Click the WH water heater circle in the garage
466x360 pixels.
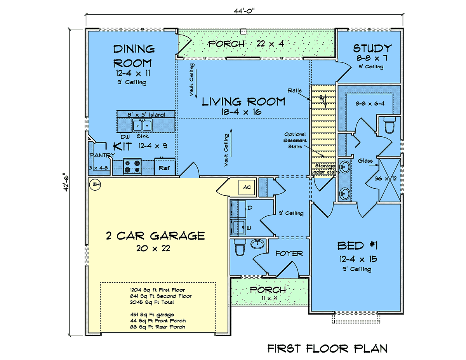(95, 184)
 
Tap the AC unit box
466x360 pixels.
(247, 187)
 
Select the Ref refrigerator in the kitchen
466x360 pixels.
(165, 167)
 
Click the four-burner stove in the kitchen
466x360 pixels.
(132, 167)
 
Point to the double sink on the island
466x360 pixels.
(142, 125)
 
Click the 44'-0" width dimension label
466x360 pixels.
(244, 10)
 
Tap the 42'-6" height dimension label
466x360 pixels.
(66, 182)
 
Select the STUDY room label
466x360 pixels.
(372, 48)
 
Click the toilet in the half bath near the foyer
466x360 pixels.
(240, 247)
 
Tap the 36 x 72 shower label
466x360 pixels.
(386, 178)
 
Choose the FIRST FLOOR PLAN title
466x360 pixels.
(327, 348)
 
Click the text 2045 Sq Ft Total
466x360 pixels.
(152, 302)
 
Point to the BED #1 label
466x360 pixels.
(358, 246)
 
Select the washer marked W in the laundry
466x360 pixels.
(238, 227)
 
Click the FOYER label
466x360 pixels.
(289, 254)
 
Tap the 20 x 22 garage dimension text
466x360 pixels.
(153, 249)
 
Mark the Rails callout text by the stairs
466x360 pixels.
(294, 90)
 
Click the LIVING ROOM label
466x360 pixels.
(243, 102)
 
